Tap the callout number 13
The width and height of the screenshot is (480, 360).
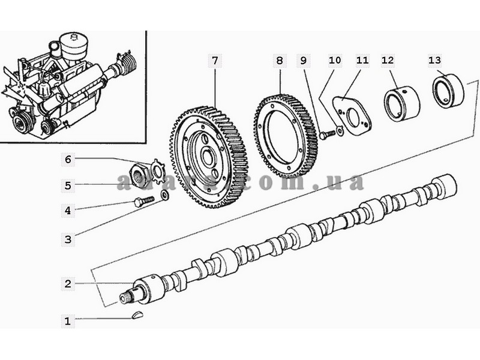tap(434, 60)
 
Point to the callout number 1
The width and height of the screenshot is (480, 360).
tap(68, 321)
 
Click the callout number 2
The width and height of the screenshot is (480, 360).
tap(68, 283)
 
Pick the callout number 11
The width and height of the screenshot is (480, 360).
tap(362, 60)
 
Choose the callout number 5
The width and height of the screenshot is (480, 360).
tap(68, 185)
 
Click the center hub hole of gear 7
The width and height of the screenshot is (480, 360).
tap(208, 157)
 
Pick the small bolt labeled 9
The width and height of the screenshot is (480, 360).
tap(325, 134)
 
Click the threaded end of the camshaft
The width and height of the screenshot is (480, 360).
tap(129, 295)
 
